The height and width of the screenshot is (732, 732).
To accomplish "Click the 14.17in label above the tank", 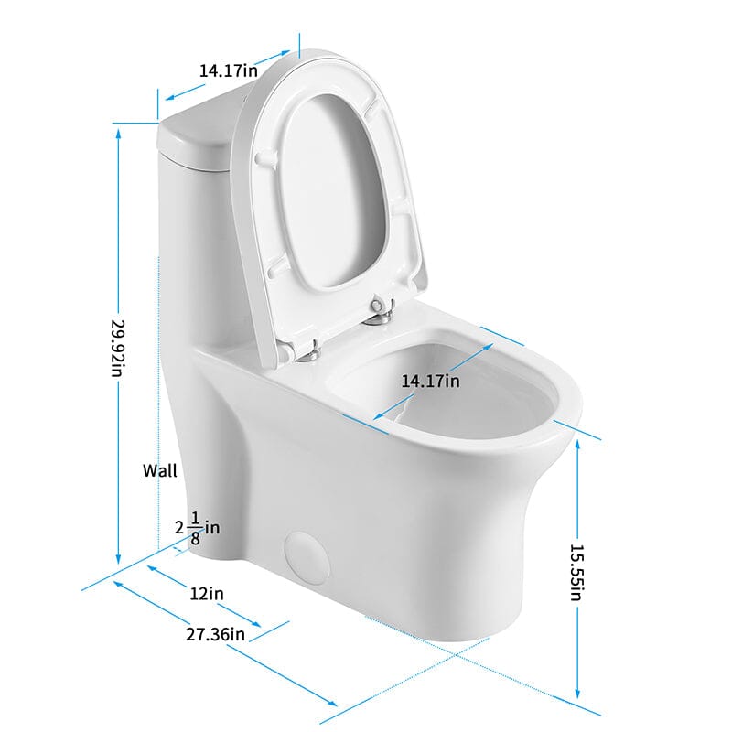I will coord(228,69).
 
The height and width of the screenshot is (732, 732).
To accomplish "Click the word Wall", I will coord(160,471).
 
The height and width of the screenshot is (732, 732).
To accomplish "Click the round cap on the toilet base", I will coord(305,556).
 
